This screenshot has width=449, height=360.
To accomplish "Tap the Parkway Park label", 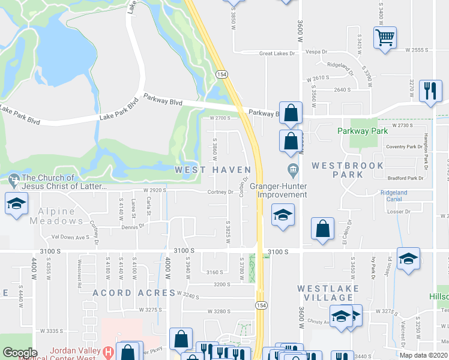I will [x=363, y=130].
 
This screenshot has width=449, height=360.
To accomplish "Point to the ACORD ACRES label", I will [x=124, y=292].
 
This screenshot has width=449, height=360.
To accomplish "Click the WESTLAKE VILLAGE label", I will [x=328, y=294].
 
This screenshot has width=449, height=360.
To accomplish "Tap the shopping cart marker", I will [x=384, y=37].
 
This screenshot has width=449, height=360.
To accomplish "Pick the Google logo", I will [x=20, y=352].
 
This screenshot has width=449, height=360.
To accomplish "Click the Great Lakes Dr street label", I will [x=278, y=53].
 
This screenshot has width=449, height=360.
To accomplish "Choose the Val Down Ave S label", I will [x=70, y=237].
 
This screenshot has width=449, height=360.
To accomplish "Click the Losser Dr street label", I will [x=399, y=212].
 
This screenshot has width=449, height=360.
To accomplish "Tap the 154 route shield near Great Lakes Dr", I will [x=222, y=73].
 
